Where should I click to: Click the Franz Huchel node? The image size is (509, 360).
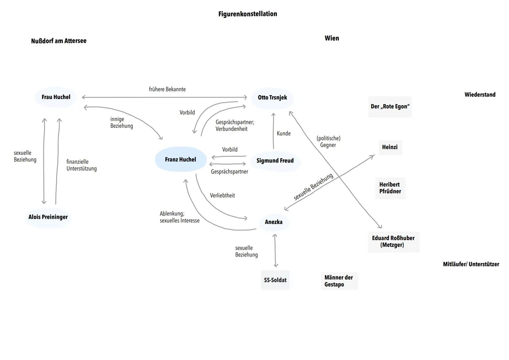coord(181,159)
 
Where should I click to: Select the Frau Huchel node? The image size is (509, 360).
coord(56,97)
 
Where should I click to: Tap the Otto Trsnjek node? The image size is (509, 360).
coord(272,98)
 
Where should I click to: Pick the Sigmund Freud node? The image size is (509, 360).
coord(275,161)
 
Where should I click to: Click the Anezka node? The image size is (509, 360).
coord(274,222)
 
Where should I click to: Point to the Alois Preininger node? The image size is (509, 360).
coord(48,217)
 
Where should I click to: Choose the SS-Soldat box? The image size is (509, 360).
coord(275,280)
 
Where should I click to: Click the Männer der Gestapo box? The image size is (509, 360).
coord(339,281)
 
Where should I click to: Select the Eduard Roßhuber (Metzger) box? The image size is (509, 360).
coord(393,241)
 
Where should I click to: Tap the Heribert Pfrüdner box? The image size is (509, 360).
coord(390,188)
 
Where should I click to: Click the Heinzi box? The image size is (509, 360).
coord(390,147)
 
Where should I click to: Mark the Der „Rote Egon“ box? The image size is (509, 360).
coord(390,107)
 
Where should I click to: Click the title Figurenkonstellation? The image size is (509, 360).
coord(248,14)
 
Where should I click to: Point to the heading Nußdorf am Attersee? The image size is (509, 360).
coord(59,41)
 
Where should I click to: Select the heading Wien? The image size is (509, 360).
coord(332,38)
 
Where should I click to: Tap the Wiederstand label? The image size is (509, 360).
coord(480,95)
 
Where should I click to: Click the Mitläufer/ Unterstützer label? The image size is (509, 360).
coord(471,264)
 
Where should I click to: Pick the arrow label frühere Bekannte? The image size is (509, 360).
coord(167,89)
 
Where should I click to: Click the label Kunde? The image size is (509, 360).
coord(284,133)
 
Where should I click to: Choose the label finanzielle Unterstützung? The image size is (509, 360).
coord(81,165)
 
